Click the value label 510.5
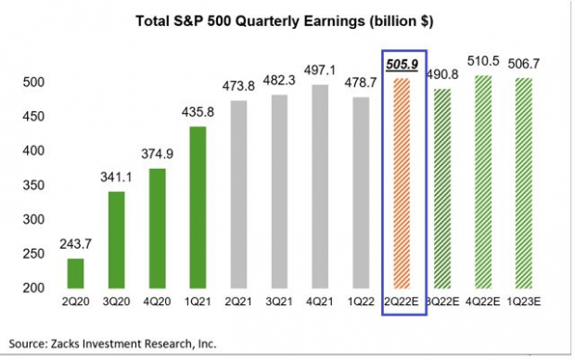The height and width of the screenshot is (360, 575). [483, 61]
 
